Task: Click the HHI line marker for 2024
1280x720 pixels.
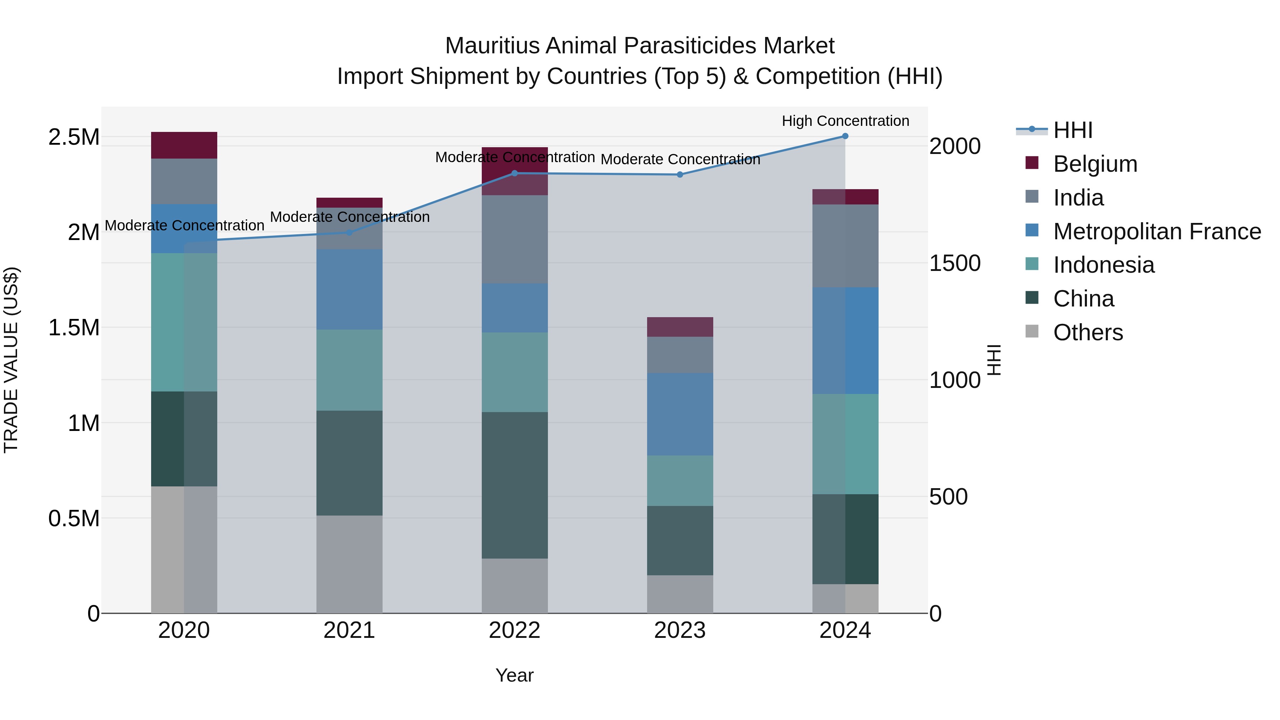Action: [845, 136]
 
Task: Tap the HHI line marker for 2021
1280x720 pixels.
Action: [349, 233]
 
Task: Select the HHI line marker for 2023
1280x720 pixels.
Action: [680, 175]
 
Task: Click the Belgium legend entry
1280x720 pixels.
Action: [1095, 164]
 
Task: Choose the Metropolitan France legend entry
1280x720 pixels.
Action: [1156, 231]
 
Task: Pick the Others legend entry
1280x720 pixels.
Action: [1088, 332]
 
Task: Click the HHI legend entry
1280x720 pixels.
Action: [1072, 130]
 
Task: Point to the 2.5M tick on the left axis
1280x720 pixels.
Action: [74, 137]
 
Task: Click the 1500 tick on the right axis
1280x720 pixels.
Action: [955, 263]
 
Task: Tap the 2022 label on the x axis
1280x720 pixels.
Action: [514, 630]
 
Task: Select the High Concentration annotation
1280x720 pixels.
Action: [845, 121]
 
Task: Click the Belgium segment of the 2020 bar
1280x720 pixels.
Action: [184, 145]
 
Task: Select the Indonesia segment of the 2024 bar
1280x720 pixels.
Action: [845, 444]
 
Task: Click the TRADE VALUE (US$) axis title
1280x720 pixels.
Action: [11, 360]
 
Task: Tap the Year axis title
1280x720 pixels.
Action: [514, 675]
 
